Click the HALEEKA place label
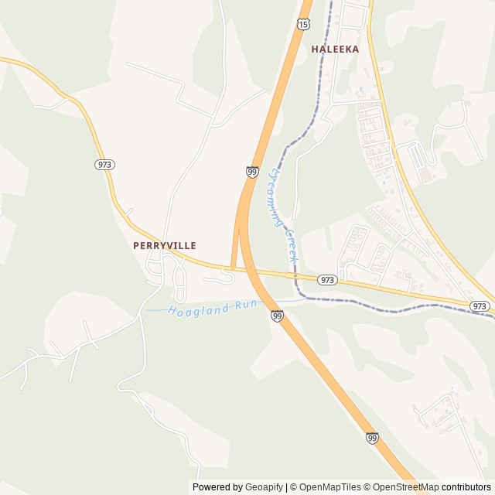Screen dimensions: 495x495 coord(335,49)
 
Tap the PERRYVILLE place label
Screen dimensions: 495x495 coord(164,245)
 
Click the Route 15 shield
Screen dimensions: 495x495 coord(304,25)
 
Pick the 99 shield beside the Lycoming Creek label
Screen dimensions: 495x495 coord(253,172)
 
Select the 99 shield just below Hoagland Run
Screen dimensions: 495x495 coord(277,316)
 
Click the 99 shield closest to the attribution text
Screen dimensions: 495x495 coord(373,439)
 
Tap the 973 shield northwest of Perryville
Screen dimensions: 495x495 coord(104,165)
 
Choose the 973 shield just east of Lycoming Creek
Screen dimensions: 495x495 coord(327,280)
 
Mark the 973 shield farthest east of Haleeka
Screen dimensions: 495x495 coord(479,307)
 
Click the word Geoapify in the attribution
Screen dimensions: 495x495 coord(264,487)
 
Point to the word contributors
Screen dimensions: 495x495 coord(466,487)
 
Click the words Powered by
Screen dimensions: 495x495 coord(217,487)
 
